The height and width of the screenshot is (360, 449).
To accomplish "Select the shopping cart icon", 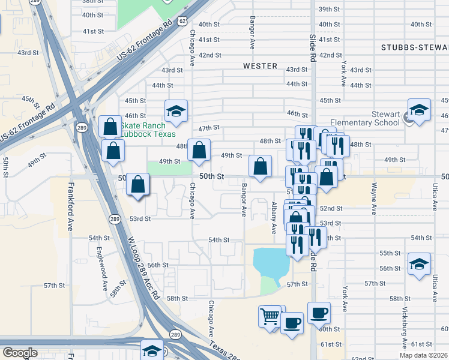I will (x=270, y=314).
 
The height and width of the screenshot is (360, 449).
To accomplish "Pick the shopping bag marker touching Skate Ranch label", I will (x=110, y=127).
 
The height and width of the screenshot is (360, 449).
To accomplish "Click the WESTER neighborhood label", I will (x=260, y=66).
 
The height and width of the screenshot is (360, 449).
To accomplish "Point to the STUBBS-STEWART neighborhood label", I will (x=414, y=47).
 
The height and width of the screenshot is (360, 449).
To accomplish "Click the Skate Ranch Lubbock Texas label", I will (x=148, y=130).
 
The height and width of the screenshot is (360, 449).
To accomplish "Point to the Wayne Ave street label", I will (x=374, y=199).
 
